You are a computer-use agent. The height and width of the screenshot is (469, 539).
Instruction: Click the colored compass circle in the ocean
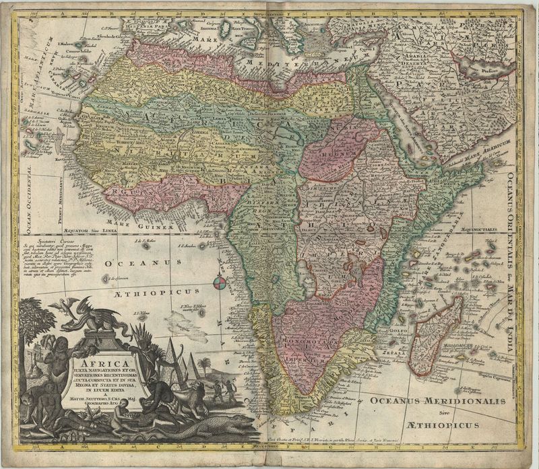tap(219, 283)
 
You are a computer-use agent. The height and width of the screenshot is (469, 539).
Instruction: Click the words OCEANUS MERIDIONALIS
tap(436, 401)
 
